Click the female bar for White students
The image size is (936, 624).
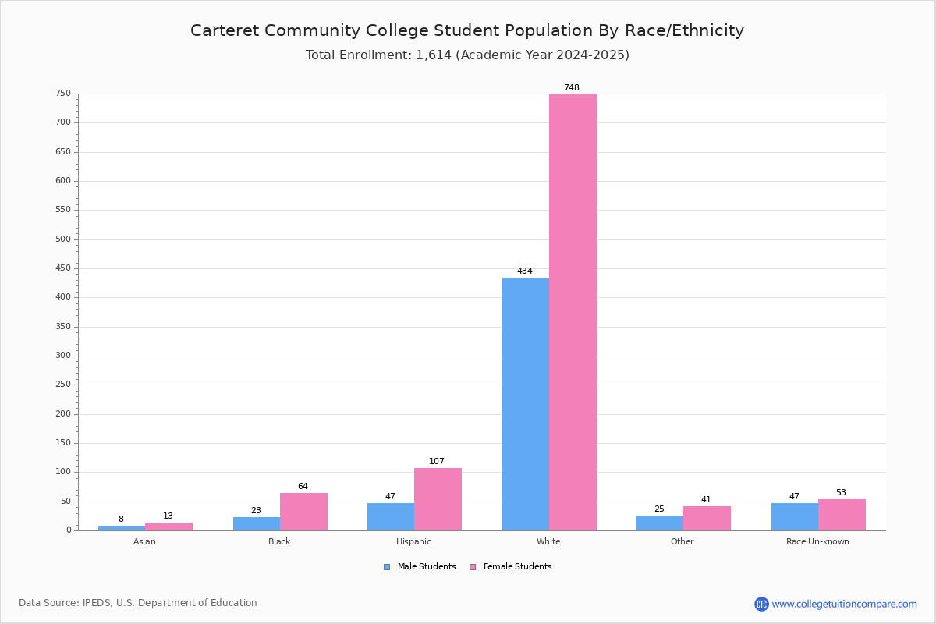[573, 312]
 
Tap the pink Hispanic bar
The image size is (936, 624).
[438, 499]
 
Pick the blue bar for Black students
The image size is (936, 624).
[256, 523]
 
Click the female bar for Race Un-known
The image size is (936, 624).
[842, 515]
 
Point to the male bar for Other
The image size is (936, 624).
[659, 523]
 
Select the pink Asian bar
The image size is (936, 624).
[168, 526]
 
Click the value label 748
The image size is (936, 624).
[572, 88]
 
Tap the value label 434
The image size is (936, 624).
[525, 271]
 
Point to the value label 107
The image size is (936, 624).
[437, 462]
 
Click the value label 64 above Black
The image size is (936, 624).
[303, 487]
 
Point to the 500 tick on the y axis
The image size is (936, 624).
[63, 239]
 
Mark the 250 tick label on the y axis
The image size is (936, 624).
[63, 385]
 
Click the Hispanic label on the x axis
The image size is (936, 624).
[413, 541]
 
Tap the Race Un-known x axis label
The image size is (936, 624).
[817, 541]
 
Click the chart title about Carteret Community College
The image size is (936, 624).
[467, 30]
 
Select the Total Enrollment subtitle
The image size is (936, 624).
[467, 55]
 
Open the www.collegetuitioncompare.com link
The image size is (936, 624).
[844, 604]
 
